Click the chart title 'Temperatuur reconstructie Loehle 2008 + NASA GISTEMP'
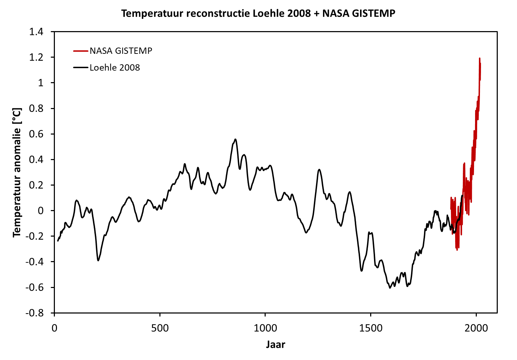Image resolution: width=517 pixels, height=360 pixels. click(258, 14)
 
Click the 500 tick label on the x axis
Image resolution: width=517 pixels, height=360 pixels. click(160, 328)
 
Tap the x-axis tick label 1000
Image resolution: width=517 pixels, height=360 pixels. click(265, 328)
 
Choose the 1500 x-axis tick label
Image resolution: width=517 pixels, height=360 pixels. click(371, 328)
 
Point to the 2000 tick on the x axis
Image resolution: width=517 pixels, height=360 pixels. click(476, 328)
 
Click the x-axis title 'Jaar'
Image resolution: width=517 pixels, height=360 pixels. click(275, 345)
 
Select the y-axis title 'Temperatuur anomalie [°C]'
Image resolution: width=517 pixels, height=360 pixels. click(17, 172)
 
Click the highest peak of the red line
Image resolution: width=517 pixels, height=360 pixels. click(480, 58)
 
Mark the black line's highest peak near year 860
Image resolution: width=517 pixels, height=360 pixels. click(236, 139)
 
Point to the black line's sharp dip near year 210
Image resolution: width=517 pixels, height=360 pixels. click(99, 260)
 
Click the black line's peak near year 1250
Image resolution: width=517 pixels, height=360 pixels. click(319, 170)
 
